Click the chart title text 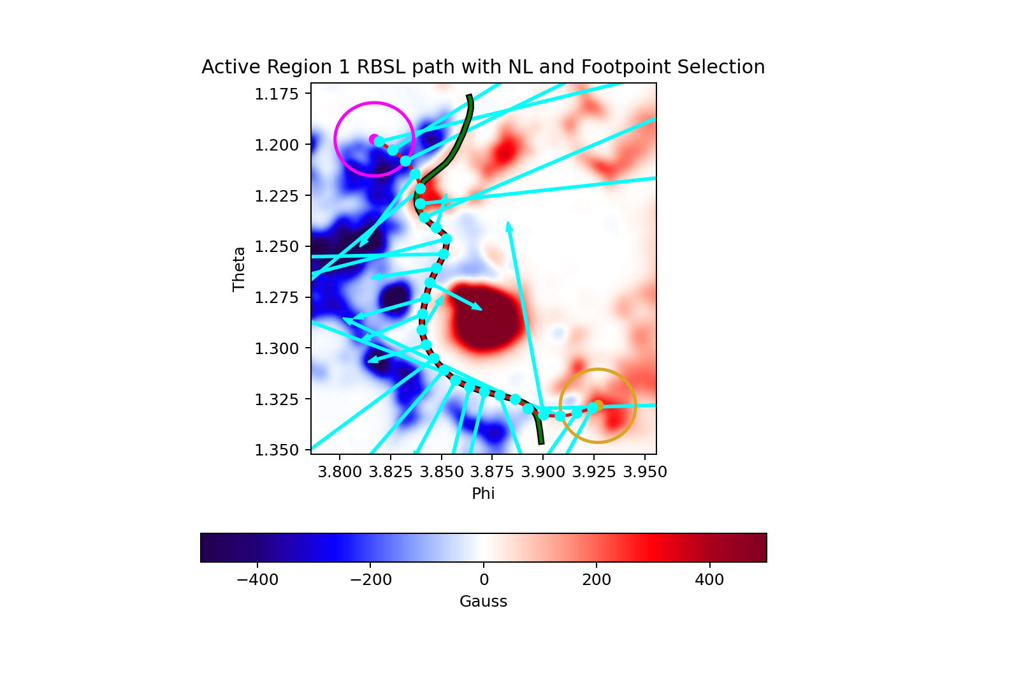[x=483, y=67]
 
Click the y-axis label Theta [x=239, y=269]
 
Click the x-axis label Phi [x=483, y=493]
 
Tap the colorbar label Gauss [x=483, y=602]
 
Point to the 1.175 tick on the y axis [x=277, y=94]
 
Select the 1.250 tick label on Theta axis [x=277, y=247]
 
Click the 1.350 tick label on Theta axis [x=277, y=450]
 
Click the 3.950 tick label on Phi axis [x=645, y=472]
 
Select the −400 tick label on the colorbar [x=257, y=580]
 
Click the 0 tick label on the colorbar [x=484, y=580]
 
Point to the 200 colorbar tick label [x=597, y=580]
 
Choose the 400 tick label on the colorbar [x=709, y=580]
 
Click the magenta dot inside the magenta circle [x=373, y=139]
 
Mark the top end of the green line [x=469, y=97]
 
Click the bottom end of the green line [x=541, y=441]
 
